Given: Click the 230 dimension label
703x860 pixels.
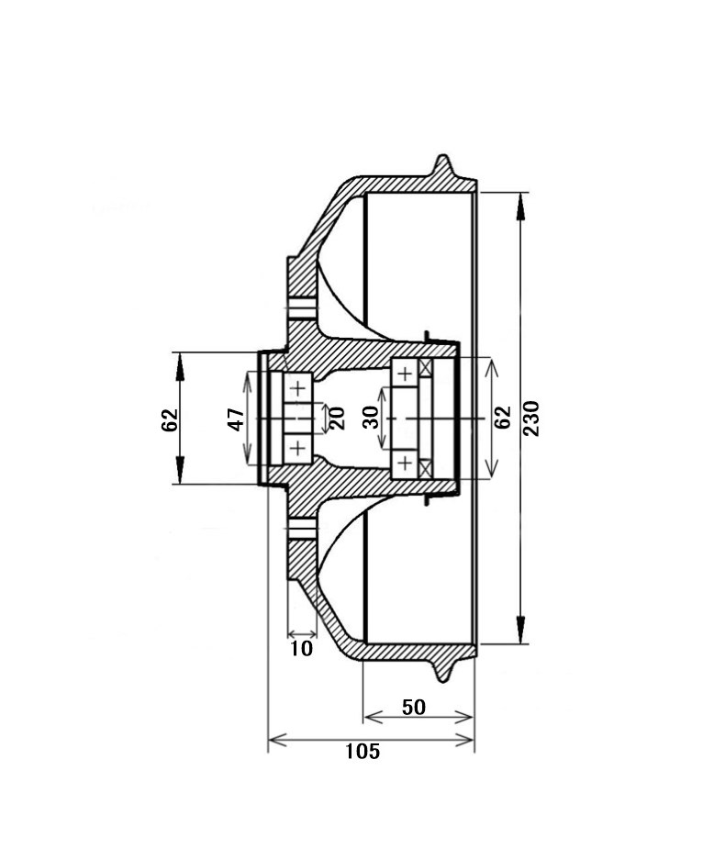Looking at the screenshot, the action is (x=530, y=419).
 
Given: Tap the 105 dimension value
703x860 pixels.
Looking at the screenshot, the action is (x=363, y=752).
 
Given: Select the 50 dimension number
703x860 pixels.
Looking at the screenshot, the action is (x=414, y=707).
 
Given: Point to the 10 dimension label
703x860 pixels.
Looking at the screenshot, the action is (x=301, y=649).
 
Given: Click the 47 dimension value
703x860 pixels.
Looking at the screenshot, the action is (x=236, y=419).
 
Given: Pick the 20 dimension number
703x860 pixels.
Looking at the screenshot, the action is (x=337, y=418).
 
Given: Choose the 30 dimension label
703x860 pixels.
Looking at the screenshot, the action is (x=371, y=418).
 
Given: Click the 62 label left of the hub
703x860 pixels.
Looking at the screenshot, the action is (x=170, y=419).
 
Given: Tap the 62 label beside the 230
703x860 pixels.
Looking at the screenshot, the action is (x=502, y=418).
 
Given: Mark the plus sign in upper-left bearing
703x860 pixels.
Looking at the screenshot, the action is (x=297, y=388).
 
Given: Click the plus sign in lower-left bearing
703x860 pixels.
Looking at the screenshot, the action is (x=297, y=449).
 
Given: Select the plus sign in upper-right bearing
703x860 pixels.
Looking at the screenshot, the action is (x=405, y=374).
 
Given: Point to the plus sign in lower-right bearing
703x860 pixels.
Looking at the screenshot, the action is (x=405, y=464).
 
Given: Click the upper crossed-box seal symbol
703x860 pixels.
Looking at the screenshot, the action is (x=426, y=367).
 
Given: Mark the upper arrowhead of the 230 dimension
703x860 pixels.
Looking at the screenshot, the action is (x=521, y=207).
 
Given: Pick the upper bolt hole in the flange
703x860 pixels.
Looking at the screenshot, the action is (x=301, y=309).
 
